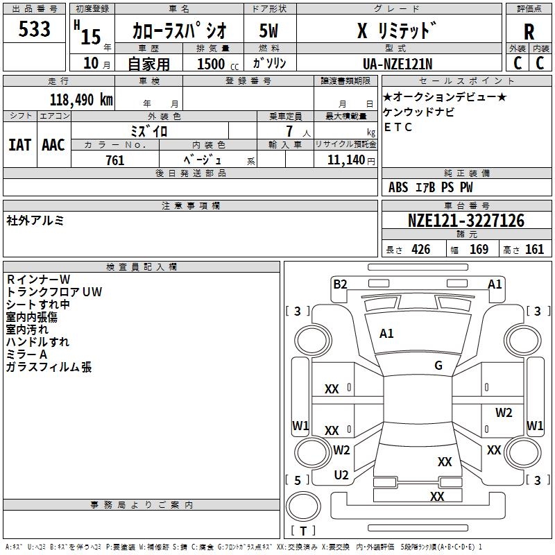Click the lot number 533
34,28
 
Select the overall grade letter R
529,32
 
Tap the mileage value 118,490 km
81,100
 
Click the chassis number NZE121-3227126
466,221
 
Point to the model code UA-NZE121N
398,64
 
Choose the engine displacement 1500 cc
218,64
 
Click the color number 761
115,160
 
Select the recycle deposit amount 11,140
345,160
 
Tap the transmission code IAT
19,145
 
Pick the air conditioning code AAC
53,145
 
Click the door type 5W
268,31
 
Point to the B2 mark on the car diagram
340,284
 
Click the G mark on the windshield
438,365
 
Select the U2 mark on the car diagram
341,475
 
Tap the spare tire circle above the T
303,506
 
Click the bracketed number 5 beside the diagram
298,480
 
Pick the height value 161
534,249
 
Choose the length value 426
421,249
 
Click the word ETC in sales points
398,127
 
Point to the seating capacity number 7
289,131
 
